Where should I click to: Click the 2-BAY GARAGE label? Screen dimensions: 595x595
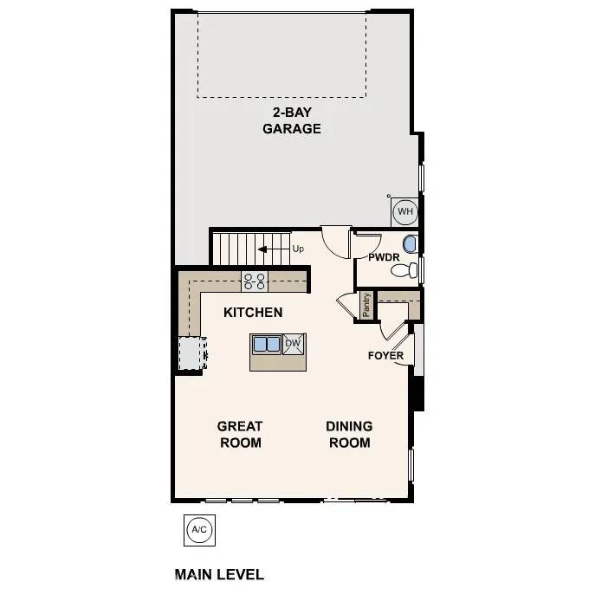click(292, 121)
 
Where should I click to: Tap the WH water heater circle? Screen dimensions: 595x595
click(404, 210)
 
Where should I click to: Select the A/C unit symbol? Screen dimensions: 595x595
click(198, 529)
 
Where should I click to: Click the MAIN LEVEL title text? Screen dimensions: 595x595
click(219, 574)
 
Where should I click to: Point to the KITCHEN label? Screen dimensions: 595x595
click(253, 312)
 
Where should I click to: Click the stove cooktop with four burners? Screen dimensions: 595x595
click(255, 281)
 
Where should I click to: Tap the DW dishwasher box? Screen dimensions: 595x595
click(294, 344)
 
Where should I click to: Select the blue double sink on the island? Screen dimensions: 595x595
click(267, 345)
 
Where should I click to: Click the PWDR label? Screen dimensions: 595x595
click(383, 257)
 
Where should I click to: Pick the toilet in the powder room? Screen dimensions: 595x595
click(403, 271)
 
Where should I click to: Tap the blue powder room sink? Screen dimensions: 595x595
click(410, 243)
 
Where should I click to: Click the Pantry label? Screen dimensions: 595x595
click(367, 306)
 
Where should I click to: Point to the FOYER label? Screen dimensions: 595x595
click(385, 356)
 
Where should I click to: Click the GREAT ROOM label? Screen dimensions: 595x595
click(240, 434)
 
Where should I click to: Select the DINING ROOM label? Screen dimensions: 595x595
click(349, 434)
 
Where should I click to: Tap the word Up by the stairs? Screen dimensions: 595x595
click(298, 249)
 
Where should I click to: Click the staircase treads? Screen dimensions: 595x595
click(236, 249)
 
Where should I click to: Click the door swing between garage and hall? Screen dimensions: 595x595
click(336, 239)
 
